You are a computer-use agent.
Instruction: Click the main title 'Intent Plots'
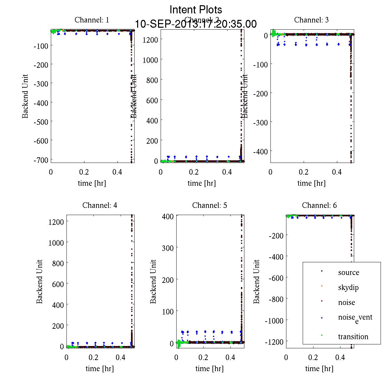point(196,10)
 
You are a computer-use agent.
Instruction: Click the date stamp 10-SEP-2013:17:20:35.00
point(196,24)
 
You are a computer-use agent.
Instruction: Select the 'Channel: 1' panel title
point(92,20)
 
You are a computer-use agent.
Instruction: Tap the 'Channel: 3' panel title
point(311,20)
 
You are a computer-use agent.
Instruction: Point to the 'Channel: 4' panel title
point(100,205)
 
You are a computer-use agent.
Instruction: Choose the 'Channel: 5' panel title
point(210,205)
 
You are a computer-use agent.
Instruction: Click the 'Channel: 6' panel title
point(319,205)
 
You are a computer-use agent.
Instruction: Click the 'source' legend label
point(349,272)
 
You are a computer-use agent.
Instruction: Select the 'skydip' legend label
point(348,287)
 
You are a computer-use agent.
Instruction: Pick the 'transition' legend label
point(353,337)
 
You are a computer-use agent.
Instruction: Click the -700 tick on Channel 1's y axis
point(41,160)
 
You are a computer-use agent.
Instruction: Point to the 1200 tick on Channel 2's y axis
point(150,39)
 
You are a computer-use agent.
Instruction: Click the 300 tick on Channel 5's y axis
point(167,248)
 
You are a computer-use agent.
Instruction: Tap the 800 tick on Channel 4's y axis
point(58,263)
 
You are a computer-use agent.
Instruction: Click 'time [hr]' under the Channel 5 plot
point(210,369)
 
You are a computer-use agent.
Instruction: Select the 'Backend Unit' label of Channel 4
point(39,282)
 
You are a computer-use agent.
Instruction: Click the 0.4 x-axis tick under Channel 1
point(117,172)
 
